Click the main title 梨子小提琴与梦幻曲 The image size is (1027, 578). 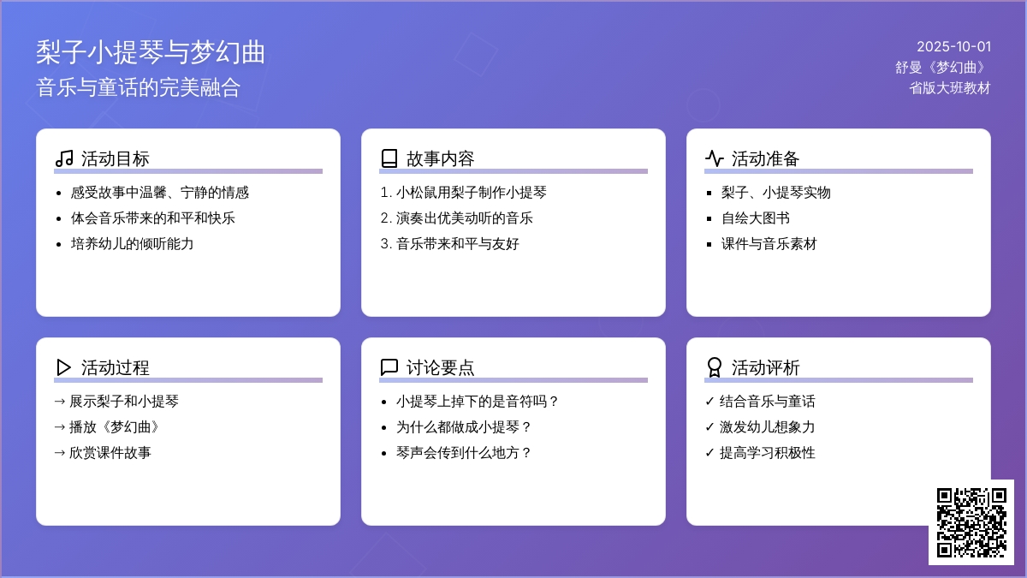pyautogui.click(x=151, y=52)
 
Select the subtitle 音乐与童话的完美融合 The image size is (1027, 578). pyautogui.click(x=138, y=87)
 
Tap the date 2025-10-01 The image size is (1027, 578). pyautogui.click(x=953, y=46)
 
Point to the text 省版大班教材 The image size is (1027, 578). pyautogui.click(x=949, y=87)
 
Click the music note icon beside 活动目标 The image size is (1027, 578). pyautogui.click(x=64, y=158)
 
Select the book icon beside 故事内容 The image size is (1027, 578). pyautogui.click(x=389, y=158)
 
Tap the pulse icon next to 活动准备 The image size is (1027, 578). pyautogui.click(x=715, y=158)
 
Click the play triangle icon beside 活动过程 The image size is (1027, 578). pyautogui.click(x=63, y=367)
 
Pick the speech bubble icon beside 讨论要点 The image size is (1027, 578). pyautogui.click(x=389, y=367)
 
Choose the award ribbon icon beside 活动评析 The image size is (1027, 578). pyautogui.click(x=715, y=367)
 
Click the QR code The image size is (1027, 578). pyautogui.click(x=971, y=522)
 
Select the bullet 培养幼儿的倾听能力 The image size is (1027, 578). pyautogui.click(x=132, y=243)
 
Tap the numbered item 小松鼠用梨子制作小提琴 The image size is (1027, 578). pyautogui.click(x=471, y=192)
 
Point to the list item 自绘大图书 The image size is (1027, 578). pyautogui.click(x=755, y=217)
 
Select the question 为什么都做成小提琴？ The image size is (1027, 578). pyautogui.click(x=464, y=427)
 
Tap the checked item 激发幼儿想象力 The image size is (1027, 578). pyautogui.click(x=767, y=427)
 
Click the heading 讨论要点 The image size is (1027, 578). pyautogui.click(x=440, y=367)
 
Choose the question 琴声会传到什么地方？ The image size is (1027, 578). pyautogui.click(x=464, y=453)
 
